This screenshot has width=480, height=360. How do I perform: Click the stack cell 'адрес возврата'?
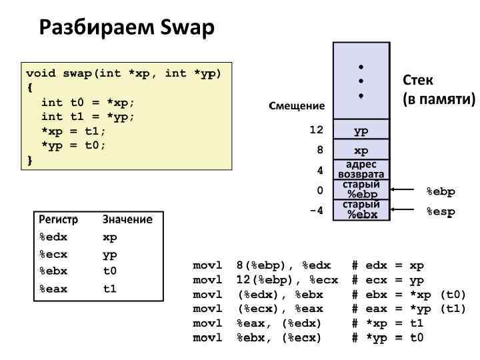pos(361,169)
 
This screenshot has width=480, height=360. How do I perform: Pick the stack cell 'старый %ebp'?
pos(361,189)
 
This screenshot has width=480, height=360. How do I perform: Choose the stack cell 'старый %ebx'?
pos(361,209)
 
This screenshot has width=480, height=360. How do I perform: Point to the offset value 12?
pos(316,130)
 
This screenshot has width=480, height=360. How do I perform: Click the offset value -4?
pos(316,211)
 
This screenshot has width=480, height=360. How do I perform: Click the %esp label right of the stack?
pos(440,211)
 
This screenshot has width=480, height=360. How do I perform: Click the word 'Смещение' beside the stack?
pos(297,105)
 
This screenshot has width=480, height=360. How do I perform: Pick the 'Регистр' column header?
pos(59,219)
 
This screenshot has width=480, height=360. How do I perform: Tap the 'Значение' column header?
pos(127,219)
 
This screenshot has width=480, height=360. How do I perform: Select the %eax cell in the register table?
pos(53,289)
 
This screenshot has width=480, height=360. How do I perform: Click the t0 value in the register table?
pos(110,271)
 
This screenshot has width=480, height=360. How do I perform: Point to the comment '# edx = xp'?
pos(388,265)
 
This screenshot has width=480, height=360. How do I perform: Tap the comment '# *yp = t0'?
pos(388,337)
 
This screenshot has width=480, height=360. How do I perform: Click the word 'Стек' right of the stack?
pos(418,81)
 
